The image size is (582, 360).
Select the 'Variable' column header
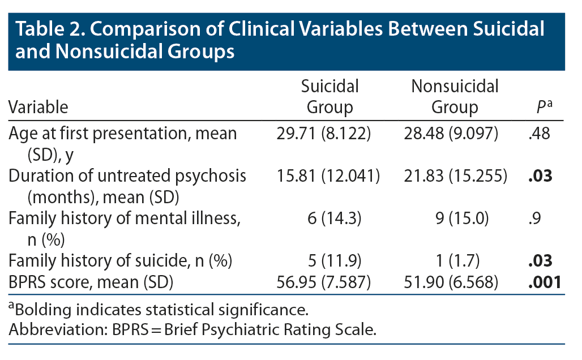(38, 107)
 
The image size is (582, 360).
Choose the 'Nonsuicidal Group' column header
(455, 97)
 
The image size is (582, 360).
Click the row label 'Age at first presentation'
(122, 134)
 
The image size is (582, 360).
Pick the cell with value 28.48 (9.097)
(455, 134)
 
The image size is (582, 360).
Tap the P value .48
(535, 134)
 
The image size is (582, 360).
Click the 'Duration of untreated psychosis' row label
(127, 176)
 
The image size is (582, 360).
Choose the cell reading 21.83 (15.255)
(455, 176)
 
